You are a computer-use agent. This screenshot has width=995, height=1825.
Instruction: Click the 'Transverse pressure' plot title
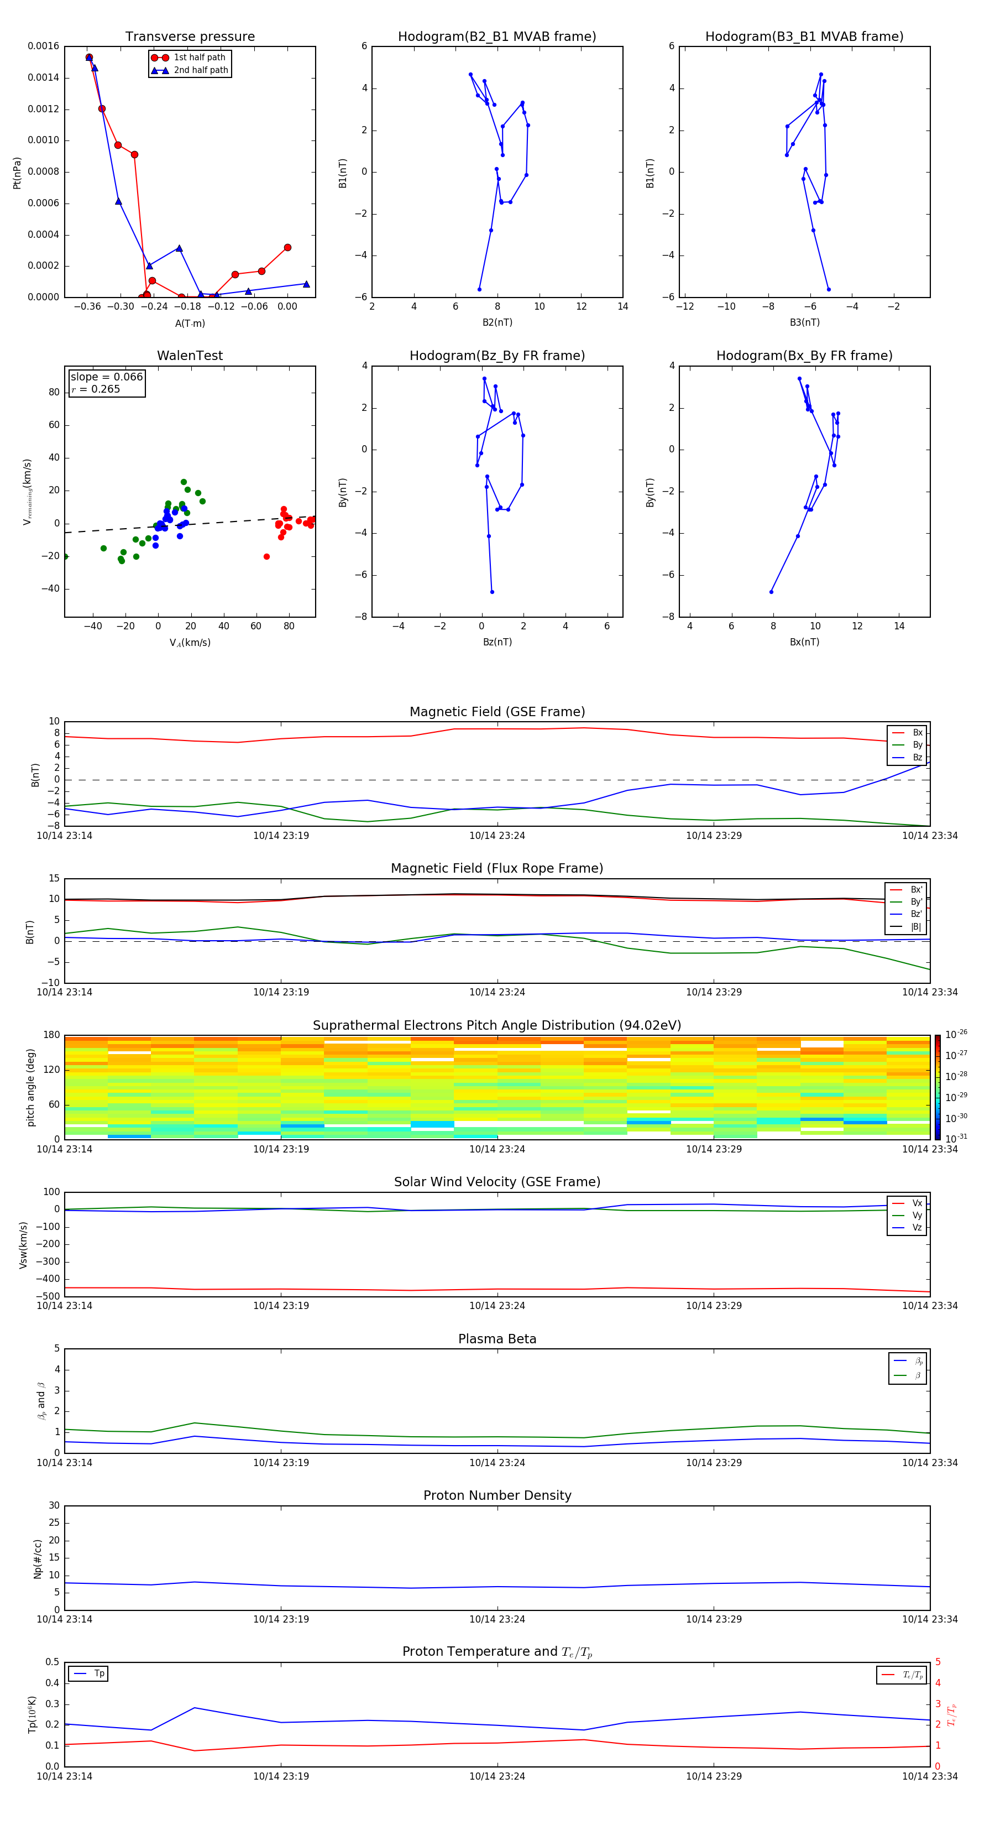point(190,37)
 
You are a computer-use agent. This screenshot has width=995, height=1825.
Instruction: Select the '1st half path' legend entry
point(199,58)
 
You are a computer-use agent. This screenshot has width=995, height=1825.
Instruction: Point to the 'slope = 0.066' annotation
point(106,377)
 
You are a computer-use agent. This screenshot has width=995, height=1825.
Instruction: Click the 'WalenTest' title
point(190,356)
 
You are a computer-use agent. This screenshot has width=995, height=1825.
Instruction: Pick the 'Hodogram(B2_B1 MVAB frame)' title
point(496,37)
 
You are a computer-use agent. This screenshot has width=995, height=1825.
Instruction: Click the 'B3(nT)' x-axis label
point(804,322)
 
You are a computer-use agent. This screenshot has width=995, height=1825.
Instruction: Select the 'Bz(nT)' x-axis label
point(497,642)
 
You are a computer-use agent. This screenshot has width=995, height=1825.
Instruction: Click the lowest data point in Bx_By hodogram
point(771,592)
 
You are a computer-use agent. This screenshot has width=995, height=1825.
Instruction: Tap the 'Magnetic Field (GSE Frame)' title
point(497,712)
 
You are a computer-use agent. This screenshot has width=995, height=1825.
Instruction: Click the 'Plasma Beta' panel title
point(497,1339)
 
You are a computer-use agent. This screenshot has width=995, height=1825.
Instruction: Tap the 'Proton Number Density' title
point(497,1495)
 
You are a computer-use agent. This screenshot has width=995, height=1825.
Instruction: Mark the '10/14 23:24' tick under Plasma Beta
point(497,1463)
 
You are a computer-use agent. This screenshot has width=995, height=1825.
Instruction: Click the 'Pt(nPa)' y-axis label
point(17,173)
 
